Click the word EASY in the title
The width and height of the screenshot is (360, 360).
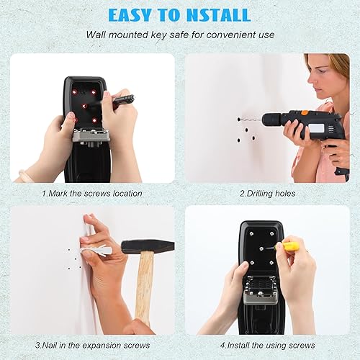tap(130, 15)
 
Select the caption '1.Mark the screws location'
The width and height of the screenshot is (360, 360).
tap(92, 193)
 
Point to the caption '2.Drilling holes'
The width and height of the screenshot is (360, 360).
tap(268, 194)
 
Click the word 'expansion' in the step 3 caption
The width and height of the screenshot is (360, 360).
tap(102, 346)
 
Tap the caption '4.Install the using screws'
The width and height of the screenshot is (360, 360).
tap(268, 346)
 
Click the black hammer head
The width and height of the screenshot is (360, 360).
tap(148, 246)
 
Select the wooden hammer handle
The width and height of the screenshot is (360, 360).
tap(143, 288)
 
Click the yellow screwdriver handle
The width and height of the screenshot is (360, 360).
tap(291, 246)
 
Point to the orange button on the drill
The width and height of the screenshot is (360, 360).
tap(305, 112)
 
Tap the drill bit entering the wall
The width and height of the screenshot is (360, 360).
tap(251, 119)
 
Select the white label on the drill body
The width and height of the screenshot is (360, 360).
tap(316, 128)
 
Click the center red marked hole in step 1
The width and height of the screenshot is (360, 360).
tap(84, 106)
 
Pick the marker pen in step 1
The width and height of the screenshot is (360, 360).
tap(122, 99)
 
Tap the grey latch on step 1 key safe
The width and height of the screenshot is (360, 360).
tap(91, 137)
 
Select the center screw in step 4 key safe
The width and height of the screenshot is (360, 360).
tap(262, 248)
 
